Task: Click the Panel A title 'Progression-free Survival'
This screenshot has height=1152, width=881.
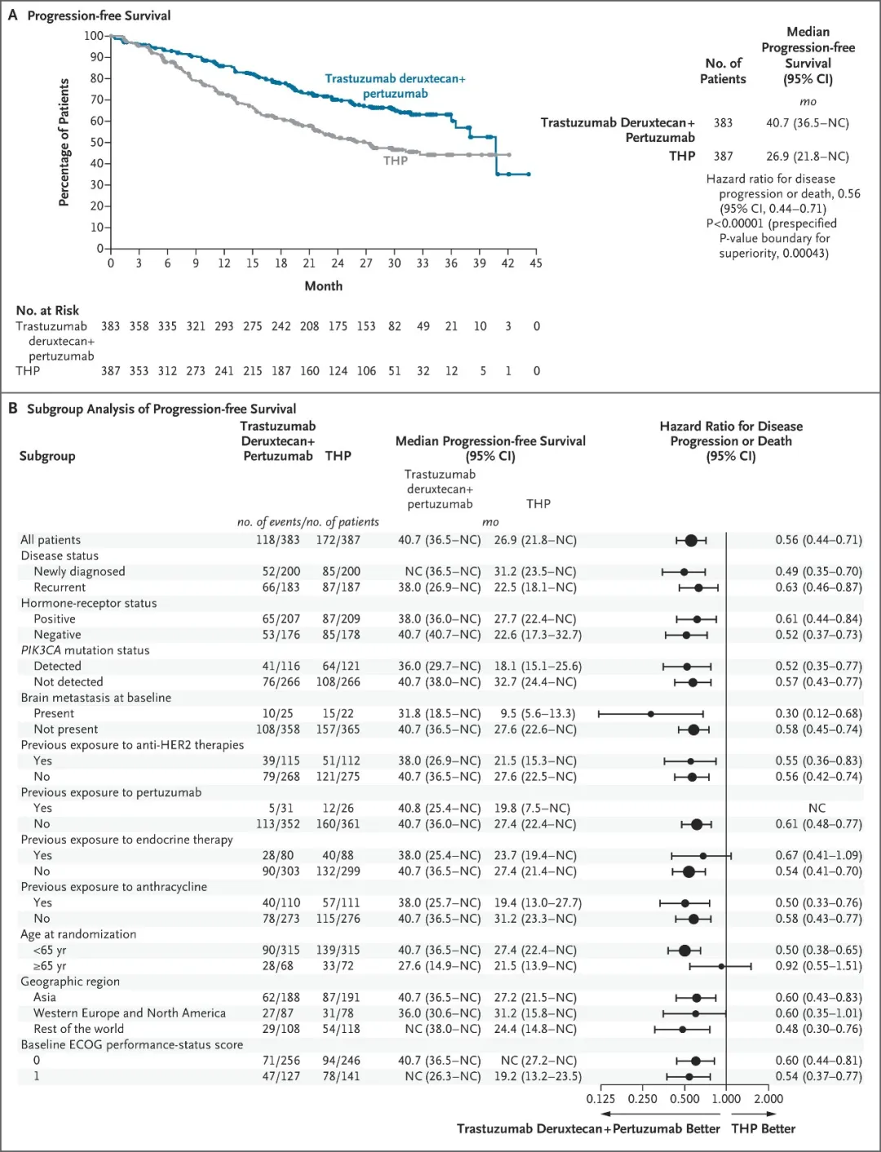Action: [99, 16]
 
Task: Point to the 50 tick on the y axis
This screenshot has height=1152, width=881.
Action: [97, 143]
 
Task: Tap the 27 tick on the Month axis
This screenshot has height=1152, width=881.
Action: [366, 264]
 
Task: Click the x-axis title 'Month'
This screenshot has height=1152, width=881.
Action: [324, 286]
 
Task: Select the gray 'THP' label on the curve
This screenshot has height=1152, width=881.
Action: [396, 161]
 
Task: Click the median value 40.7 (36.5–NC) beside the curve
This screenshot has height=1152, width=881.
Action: [807, 123]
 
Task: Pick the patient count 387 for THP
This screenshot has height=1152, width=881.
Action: [723, 157]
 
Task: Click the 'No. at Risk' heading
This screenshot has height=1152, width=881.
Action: [47, 311]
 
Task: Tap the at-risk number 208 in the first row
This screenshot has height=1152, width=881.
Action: [309, 326]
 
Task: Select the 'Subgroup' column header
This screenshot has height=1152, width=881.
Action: [47, 456]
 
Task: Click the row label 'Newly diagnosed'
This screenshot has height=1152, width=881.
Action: [79, 572]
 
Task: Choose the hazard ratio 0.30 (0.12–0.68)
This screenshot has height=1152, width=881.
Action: [818, 714]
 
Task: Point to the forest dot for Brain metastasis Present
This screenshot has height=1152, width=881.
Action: [650, 714]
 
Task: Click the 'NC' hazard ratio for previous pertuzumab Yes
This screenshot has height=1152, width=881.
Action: [817, 809]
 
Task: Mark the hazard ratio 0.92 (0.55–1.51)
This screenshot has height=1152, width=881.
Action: [818, 966]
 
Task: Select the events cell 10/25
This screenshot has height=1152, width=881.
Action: [277, 714]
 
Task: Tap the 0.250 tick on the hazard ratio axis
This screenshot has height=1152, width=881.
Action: [643, 1099]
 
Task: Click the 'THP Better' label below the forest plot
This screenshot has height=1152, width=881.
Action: [763, 1129]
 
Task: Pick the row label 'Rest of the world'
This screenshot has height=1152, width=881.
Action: [78, 1029]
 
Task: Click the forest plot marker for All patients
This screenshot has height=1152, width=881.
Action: [691, 540]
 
